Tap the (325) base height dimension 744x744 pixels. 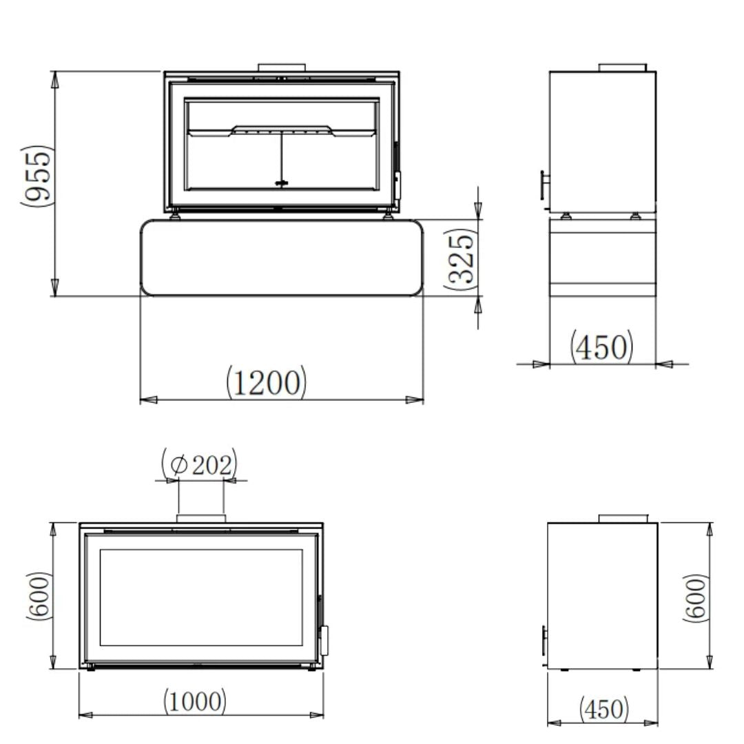pyautogui.click(x=461, y=257)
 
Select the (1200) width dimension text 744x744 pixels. pyautogui.click(x=266, y=382)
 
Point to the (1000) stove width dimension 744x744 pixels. pyautogui.click(x=194, y=701)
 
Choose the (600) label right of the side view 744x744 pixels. pyautogui.click(x=696, y=597)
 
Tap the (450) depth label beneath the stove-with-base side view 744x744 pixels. pyautogui.click(x=601, y=347)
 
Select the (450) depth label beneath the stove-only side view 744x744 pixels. pyautogui.click(x=603, y=708)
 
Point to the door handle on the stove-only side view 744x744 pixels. pyautogui.click(x=544, y=641)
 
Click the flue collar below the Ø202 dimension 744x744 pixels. pyautogui.click(x=200, y=517)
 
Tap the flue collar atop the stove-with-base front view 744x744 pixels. pyautogui.click(x=282, y=68)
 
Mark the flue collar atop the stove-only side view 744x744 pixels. pyautogui.click(x=622, y=518)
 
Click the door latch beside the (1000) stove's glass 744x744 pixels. pyautogui.click(x=323, y=640)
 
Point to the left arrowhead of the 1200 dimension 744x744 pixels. pyautogui.click(x=148, y=399)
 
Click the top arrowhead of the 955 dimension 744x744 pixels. pyautogui.click(x=55, y=79)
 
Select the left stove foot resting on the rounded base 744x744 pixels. pyautogui.click(x=177, y=216)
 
